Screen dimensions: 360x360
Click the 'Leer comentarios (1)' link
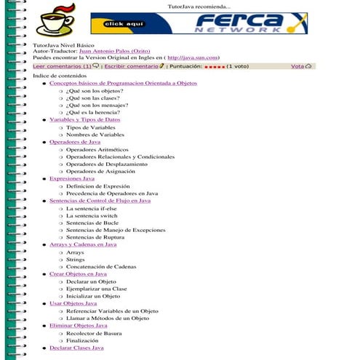(x=63, y=66)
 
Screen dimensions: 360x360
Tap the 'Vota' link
(x=297, y=66)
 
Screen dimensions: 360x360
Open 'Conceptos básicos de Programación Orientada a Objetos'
(x=123, y=84)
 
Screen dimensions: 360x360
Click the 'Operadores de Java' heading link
(x=75, y=142)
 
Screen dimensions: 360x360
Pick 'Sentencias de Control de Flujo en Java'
(x=100, y=201)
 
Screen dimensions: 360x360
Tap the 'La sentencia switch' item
(x=92, y=216)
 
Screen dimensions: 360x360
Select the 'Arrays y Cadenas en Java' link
(x=83, y=245)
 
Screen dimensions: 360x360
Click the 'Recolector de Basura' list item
(x=92, y=333)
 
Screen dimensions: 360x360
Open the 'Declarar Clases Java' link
(x=76, y=348)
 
